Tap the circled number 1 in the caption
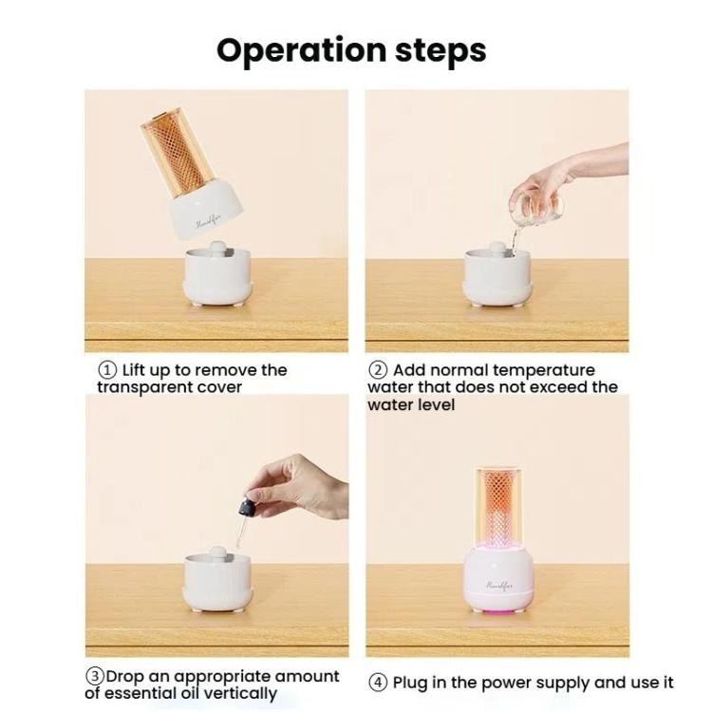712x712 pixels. pos(107,370)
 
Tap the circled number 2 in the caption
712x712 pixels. pos(379,370)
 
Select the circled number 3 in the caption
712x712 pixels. pos(95,677)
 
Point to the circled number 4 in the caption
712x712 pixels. pos(379,683)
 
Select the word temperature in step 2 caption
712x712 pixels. pos(548,370)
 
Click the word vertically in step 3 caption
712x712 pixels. pos(237,693)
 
